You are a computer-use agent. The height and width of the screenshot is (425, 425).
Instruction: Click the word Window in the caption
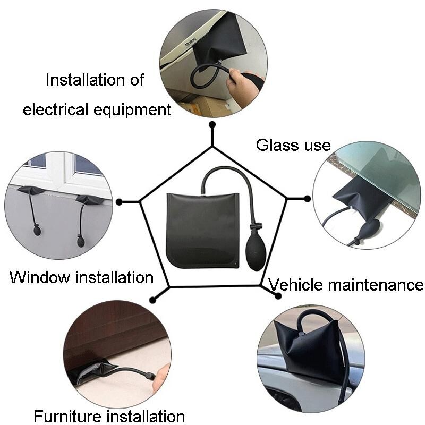pyautogui.click(x=40, y=277)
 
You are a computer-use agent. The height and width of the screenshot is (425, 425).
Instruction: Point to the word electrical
pyautogui.click(x=56, y=109)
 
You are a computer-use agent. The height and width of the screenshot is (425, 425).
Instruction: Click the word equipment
pyautogui.click(x=132, y=110)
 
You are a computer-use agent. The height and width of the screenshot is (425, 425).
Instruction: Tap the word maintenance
pyautogui.click(x=376, y=285)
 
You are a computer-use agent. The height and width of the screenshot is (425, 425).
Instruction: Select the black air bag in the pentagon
pyautogui.click(x=203, y=231)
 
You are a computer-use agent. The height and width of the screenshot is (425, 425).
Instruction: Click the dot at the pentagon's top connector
pyautogui.click(x=212, y=124)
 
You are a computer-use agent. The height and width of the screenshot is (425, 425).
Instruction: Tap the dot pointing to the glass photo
pyautogui.click(x=308, y=199)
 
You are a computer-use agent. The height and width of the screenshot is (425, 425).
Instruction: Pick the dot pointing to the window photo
pyautogui.click(x=119, y=202)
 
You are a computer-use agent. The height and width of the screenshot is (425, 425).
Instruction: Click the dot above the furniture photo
pyautogui.click(x=152, y=300)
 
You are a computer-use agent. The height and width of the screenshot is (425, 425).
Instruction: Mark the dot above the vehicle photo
pyautogui.click(x=278, y=296)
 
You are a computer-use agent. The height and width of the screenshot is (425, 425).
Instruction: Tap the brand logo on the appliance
pyautogui.click(x=190, y=42)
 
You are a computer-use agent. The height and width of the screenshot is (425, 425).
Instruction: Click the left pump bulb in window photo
pyautogui.click(x=37, y=231)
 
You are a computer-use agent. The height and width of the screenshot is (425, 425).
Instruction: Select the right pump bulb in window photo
pyautogui.click(x=81, y=242)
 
